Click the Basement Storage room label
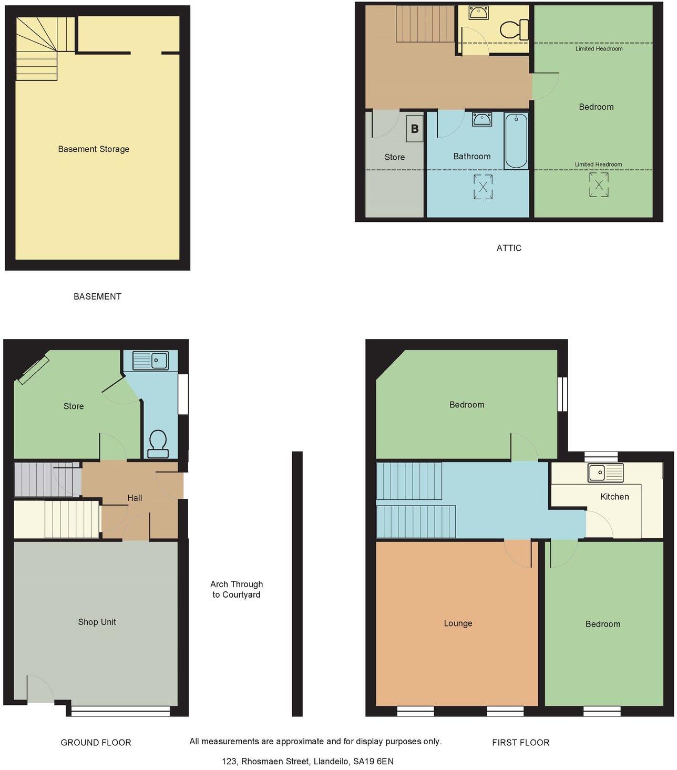94,149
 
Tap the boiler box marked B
415,129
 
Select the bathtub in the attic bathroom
516,140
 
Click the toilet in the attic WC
515,29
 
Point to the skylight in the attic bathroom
483,187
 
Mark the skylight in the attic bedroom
598,185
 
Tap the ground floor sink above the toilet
150,361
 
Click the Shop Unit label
97,622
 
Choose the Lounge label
458,623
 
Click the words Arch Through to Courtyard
237,589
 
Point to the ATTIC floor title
509,248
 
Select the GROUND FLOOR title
96,743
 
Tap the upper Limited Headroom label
599,49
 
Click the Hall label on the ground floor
135,498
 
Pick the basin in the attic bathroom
481,119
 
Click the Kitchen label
614,497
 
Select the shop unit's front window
121,711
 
